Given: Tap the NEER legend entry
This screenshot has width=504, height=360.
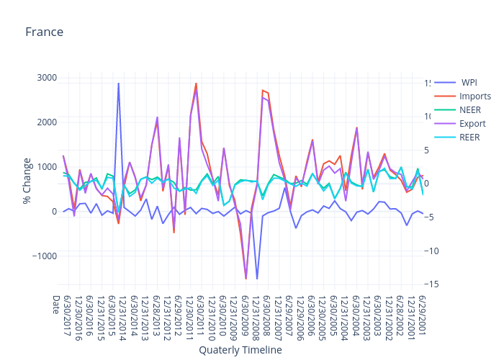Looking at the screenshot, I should pos(469,109).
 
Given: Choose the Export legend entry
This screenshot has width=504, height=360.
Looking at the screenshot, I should pos(472,123).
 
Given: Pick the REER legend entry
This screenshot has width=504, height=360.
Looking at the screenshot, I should pos(469,137).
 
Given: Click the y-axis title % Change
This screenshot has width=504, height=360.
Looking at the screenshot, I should pos(27,180).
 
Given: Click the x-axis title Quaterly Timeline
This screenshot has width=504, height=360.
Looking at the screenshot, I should pos(240,350).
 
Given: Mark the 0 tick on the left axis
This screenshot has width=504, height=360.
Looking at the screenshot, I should pos(54,212).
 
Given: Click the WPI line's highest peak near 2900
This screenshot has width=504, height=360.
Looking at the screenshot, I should pos(119,84).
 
